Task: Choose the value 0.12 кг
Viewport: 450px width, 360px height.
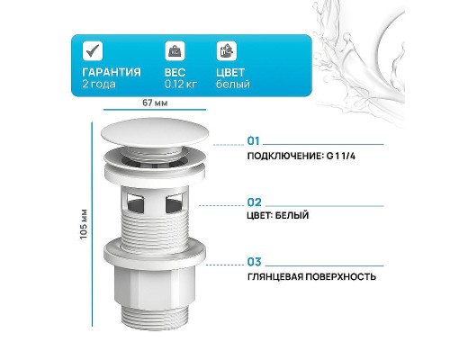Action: pos(180,85)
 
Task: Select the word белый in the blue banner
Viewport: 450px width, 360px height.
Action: pos(233,85)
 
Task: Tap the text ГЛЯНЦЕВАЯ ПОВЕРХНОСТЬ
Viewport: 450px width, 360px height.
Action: pos(311,276)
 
